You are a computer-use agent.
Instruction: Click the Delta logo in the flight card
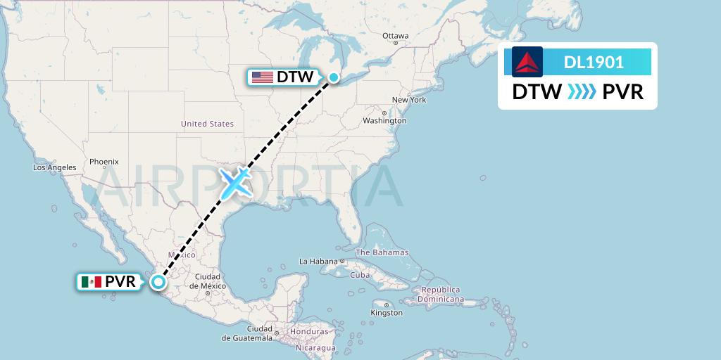(x=527, y=62)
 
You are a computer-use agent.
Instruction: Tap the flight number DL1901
(x=594, y=63)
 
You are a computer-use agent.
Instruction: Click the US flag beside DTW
(x=263, y=77)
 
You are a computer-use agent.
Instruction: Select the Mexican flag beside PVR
(x=92, y=282)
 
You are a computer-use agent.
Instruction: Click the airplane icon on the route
(x=236, y=182)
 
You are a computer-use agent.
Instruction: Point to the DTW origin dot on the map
(x=334, y=77)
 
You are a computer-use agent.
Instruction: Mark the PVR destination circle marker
(x=158, y=282)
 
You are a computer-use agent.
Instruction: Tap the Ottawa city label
(x=395, y=36)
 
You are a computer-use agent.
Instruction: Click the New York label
(x=409, y=100)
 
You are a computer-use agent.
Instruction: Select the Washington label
(x=384, y=120)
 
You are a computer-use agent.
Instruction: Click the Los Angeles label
(x=54, y=167)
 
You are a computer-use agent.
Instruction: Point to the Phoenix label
(x=104, y=162)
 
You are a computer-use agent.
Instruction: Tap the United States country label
(x=207, y=124)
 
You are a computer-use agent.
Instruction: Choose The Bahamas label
(x=382, y=252)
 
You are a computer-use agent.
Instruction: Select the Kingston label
(x=386, y=312)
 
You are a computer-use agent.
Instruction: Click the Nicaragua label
(x=315, y=347)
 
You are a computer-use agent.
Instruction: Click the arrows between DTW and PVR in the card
(x=582, y=92)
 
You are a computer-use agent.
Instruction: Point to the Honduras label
(x=308, y=332)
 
